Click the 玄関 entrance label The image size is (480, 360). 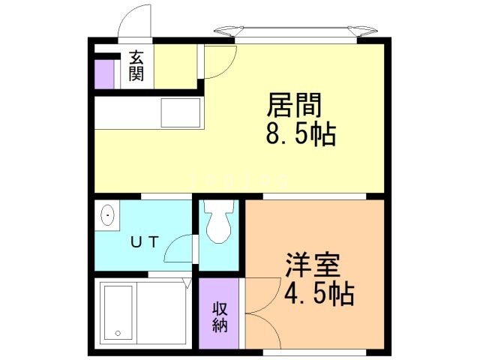coord(136,65)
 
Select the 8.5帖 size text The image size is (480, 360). coord(299,136)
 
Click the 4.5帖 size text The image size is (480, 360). coord(319,293)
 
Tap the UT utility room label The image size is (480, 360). coord(144,241)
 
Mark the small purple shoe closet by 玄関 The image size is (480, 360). coord(103,73)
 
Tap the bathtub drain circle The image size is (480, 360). coord(117,333)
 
